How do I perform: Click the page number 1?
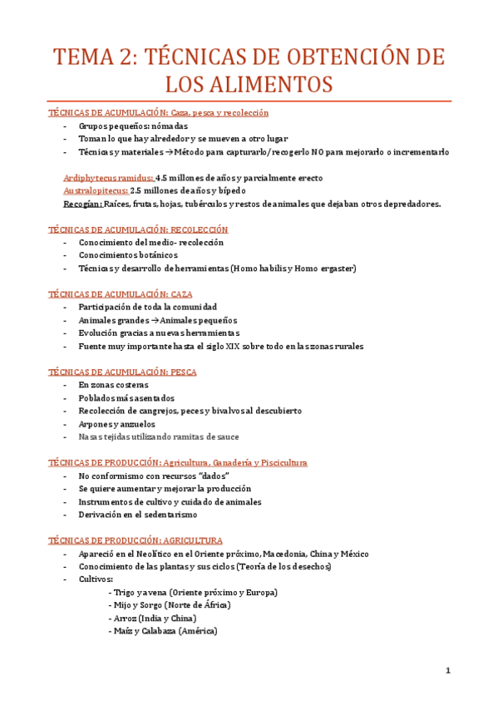447,670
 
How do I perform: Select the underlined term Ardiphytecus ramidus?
108,178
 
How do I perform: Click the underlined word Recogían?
83,204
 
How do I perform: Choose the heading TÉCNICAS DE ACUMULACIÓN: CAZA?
121,294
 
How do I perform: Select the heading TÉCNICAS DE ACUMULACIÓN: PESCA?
122,372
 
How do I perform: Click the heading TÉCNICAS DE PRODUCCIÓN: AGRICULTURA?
147,540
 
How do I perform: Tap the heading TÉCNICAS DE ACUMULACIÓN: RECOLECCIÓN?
138,229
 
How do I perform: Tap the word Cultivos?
96,579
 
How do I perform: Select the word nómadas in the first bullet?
170,126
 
